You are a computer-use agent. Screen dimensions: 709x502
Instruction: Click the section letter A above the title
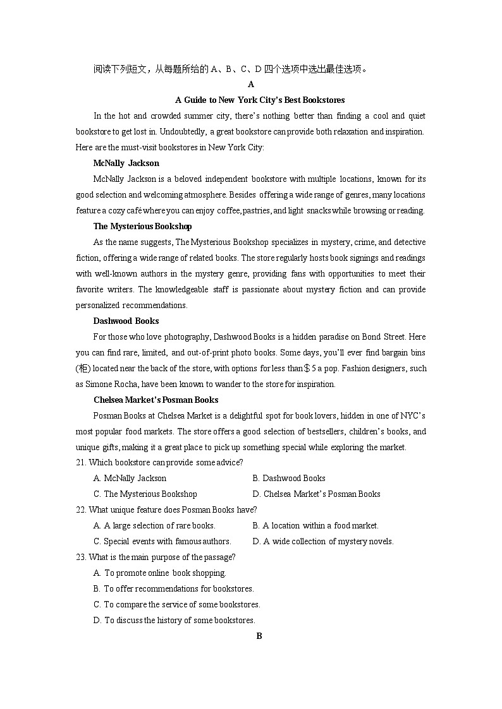pyautogui.click(x=251, y=84)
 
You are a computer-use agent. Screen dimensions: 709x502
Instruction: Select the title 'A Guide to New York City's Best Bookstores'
pyautogui.click(x=259, y=100)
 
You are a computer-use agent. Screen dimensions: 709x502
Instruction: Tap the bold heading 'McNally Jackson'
pyautogui.click(x=126, y=163)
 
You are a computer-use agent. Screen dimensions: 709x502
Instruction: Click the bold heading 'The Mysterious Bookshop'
pyautogui.click(x=142, y=226)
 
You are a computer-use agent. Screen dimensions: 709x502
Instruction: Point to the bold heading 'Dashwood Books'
pyautogui.click(x=126, y=321)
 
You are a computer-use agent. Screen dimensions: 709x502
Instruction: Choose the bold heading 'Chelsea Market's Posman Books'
pyautogui.click(x=156, y=400)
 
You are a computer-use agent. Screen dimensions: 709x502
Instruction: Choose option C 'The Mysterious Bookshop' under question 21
pyautogui.click(x=145, y=494)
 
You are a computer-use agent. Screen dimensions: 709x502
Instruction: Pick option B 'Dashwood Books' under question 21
pyautogui.click(x=288, y=478)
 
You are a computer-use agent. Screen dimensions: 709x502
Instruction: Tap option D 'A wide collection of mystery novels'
pyautogui.click(x=322, y=541)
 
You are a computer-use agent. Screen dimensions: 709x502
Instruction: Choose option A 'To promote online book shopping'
pyautogui.click(x=159, y=573)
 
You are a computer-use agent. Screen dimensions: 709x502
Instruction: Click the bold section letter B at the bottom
pyautogui.click(x=259, y=636)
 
